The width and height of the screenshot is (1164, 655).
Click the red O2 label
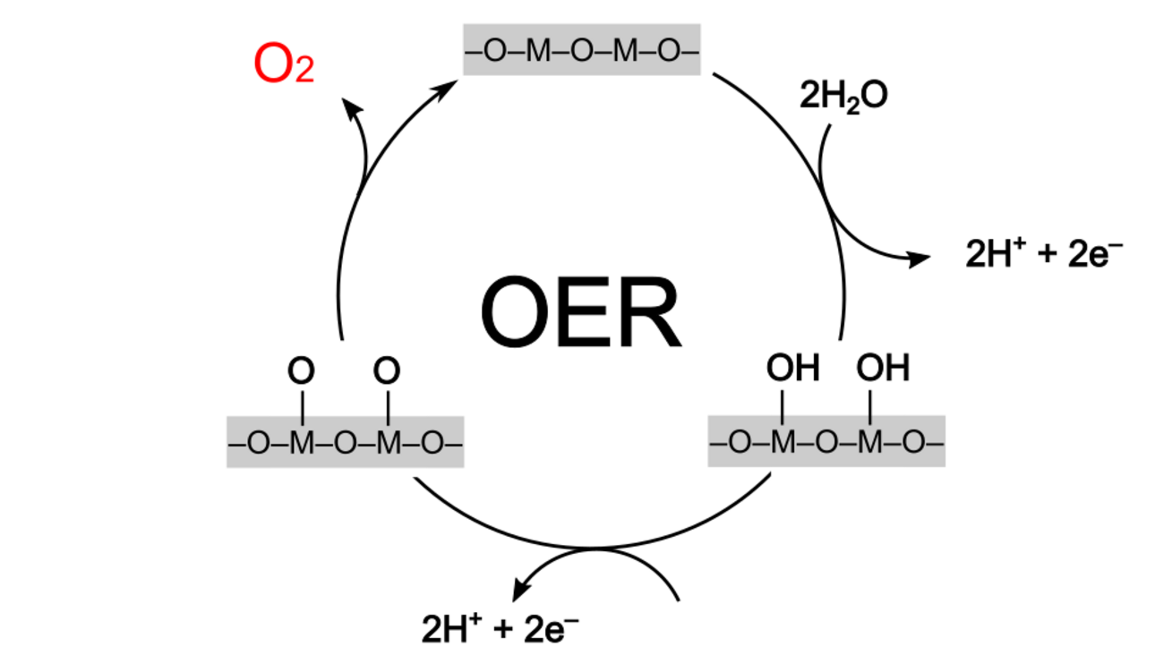click(x=284, y=65)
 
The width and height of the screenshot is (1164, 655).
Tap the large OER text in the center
click(x=580, y=314)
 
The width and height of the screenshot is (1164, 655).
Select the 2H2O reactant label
click(x=843, y=95)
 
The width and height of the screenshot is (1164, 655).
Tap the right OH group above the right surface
click(x=883, y=368)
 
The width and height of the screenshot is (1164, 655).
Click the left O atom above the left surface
click(x=303, y=370)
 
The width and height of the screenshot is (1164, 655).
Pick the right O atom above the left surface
click(x=387, y=370)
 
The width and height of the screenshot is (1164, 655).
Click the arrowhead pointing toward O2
click(x=353, y=109)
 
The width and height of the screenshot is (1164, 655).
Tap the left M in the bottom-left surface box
click(x=303, y=443)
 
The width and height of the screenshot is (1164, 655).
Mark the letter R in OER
click(x=650, y=314)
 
